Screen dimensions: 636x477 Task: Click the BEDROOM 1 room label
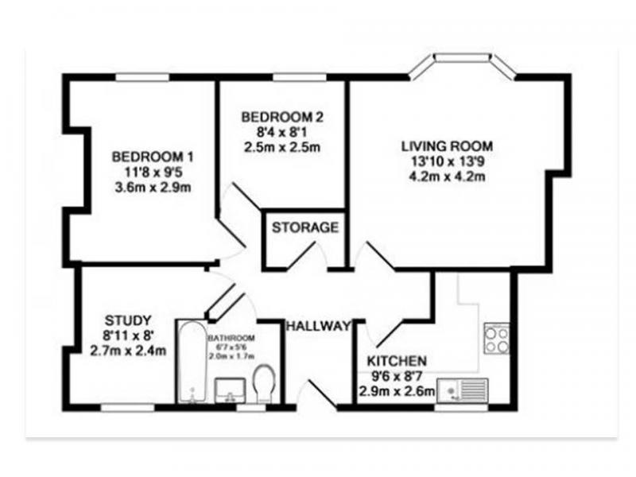coord(153,157)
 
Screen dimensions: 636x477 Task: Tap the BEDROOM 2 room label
coord(282,117)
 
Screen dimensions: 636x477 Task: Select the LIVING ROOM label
coord(448,146)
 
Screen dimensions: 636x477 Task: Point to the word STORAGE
coord(305,227)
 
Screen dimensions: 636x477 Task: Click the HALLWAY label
coord(319,326)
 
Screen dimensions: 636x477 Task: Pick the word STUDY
coord(128,320)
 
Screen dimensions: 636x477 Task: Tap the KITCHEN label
coord(397,361)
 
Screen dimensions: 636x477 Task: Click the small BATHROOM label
coord(231,338)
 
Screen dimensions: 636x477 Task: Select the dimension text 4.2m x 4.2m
coord(448,176)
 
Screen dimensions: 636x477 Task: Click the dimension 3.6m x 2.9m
coord(153,188)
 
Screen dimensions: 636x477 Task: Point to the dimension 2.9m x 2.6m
coord(397,391)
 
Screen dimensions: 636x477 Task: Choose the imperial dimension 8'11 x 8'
coord(128,335)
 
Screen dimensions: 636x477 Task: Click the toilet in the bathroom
coord(265,384)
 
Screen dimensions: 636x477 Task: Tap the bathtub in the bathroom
coord(193,362)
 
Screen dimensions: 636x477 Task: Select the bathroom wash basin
coord(230,390)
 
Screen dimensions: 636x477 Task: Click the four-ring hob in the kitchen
coord(497,339)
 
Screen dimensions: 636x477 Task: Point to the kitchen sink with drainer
coord(463,390)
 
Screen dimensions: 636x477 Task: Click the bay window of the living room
coord(463,65)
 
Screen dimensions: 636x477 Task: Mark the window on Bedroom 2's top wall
coord(300,77)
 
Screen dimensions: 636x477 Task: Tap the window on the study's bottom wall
coord(127,408)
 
